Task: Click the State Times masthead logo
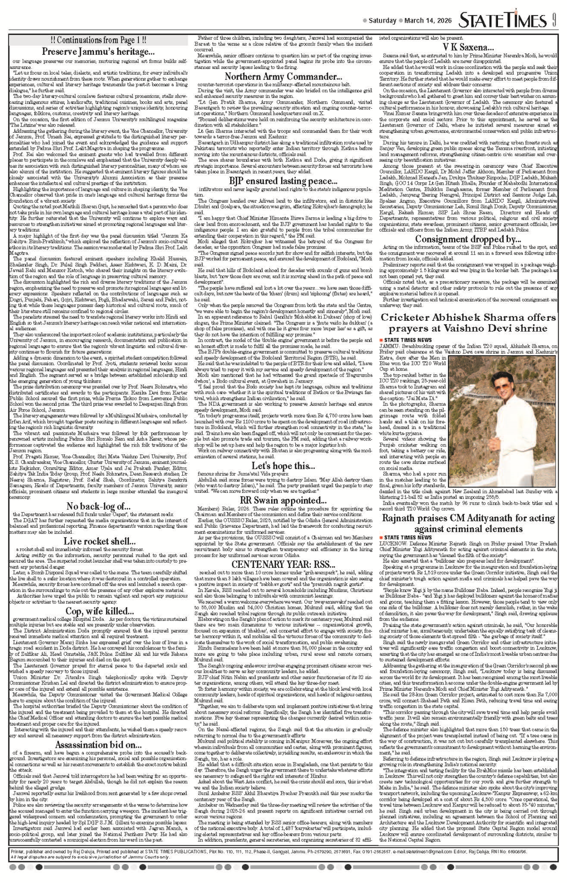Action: (x=503, y=21)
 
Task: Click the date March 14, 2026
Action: (x=428, y=21)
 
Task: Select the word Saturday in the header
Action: (x=382, y=21)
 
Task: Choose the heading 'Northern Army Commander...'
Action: (x=283, y=77)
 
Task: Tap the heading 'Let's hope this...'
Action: (x=283, y=465)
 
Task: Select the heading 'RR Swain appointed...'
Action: (x=283, y=501)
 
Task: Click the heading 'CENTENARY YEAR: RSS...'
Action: (x=283, y=564)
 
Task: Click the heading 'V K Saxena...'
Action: (x=468, y=47)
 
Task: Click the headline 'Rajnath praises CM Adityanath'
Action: (x=468, y=523)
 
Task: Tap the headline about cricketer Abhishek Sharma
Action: (x=468, y=323)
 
